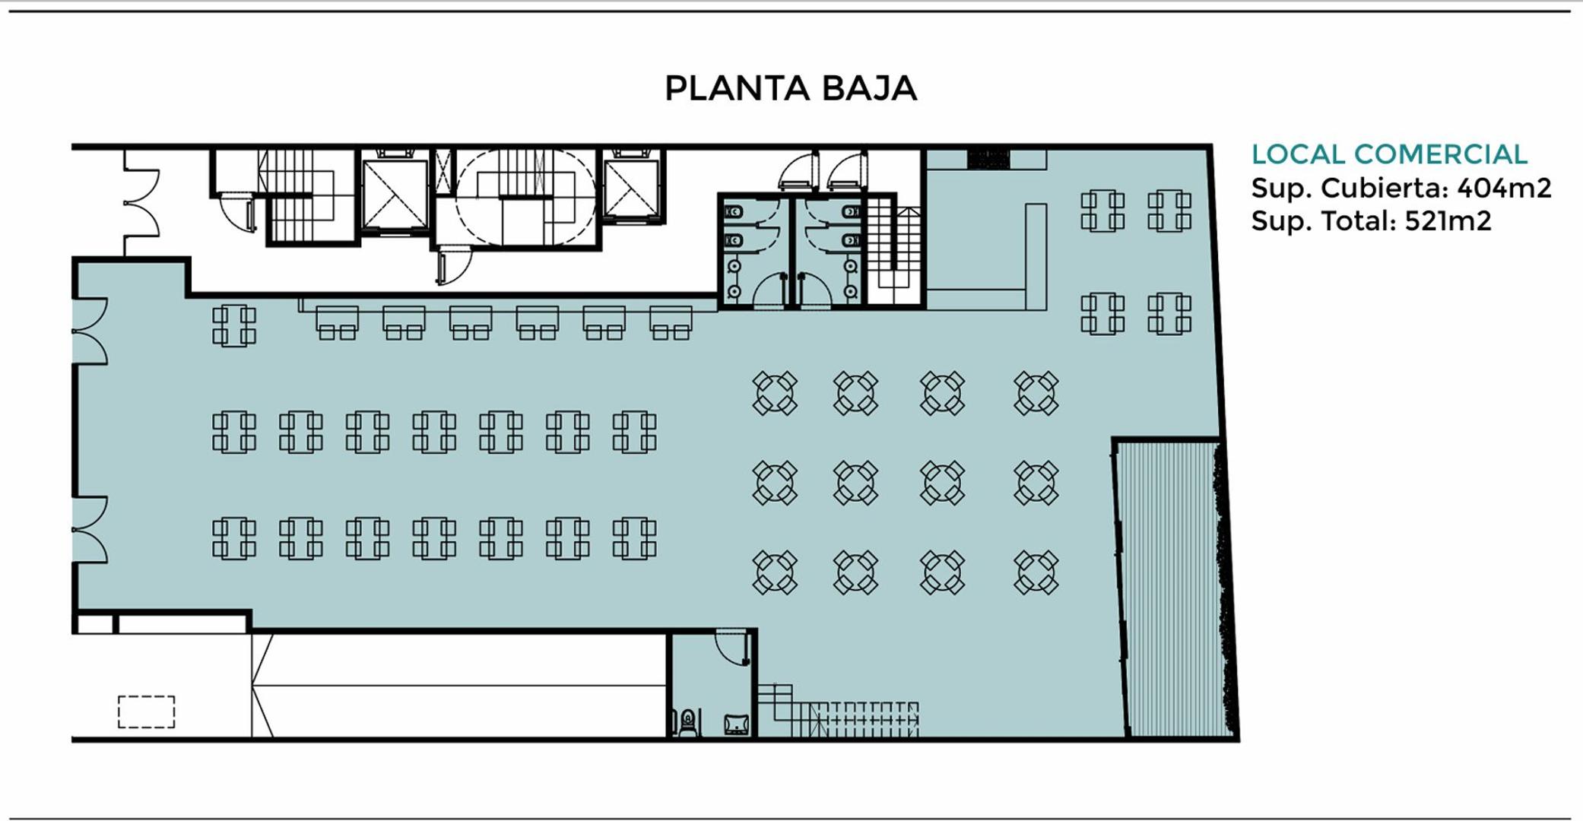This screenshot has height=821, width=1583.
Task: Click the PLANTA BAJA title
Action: [x=791, y=88]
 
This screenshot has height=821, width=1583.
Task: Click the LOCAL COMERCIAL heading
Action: [x=1389, y=154]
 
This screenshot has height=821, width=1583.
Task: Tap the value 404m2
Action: [x=1503, y=188]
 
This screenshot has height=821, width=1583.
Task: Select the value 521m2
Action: [x=1448, y=221]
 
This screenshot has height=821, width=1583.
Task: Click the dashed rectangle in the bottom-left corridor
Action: [x=146, y=712]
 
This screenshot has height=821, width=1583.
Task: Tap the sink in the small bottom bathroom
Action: [x=735, y=724]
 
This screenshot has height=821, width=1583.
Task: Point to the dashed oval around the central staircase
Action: [x=525, y=196]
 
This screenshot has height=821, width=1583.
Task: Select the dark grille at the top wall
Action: [x=988, y=159]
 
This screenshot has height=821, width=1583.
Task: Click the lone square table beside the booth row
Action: [x=233, y=325]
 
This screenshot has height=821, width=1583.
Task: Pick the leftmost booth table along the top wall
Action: [x=337, y=322]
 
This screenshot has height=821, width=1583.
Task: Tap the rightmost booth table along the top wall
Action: [x=671, y=322]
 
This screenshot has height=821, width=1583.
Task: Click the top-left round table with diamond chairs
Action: [x=775, y=393]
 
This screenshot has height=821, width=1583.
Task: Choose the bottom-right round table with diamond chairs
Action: [x=1036, y=572]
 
